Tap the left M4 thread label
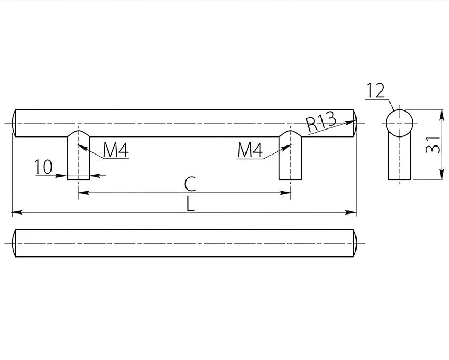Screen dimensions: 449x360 click(116, 150)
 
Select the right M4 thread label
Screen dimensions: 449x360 click(250, 150)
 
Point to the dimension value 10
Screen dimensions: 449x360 click(43, 167)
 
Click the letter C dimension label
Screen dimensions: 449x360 click(190, 184)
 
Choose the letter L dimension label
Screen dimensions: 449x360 click(190, 204)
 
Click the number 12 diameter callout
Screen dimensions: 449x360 click(376, 90)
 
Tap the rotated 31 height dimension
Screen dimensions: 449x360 click(433, 145)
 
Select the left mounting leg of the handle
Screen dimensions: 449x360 click(79, 156)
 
